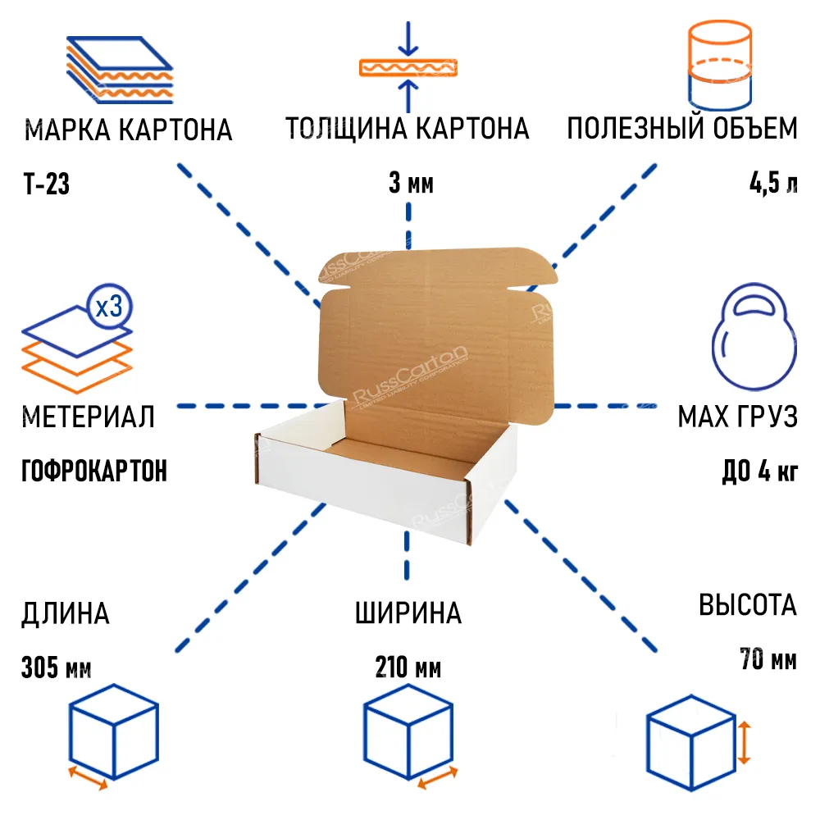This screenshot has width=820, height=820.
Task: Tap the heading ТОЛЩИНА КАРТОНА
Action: click(x=408, y=129)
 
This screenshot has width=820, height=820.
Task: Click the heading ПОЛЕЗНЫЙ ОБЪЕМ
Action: click(x=681, y=129)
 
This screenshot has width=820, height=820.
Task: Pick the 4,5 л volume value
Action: click(x=772, y=184)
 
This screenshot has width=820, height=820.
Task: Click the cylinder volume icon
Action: click(x=718, y=66)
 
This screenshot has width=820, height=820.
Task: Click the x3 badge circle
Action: click(x=109, y=308)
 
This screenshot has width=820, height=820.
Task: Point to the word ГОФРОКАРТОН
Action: click(x=94, y=471)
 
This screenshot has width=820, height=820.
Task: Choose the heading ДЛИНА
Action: click(x=65, y=613)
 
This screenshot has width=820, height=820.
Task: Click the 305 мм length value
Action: click(x=56, y=668)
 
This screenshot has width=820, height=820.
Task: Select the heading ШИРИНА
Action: click(x=408, y=613)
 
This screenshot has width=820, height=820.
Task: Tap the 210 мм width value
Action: click(x=408, y=668)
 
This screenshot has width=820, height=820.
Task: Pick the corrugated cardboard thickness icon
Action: click(x=408, y=67)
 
